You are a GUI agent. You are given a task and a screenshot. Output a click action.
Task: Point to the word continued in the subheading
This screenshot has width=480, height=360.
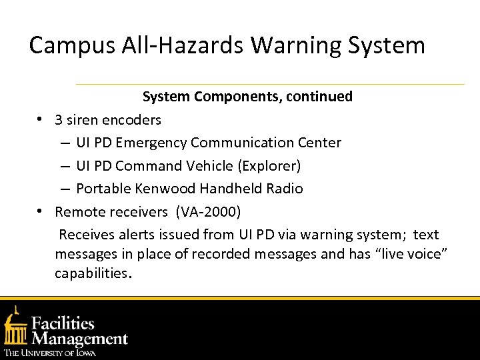320,97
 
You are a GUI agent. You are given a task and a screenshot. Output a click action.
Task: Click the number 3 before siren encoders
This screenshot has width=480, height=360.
59,120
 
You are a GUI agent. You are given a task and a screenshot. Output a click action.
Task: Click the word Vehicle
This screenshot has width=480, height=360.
232,165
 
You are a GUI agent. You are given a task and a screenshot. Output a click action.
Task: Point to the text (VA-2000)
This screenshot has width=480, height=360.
209,212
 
